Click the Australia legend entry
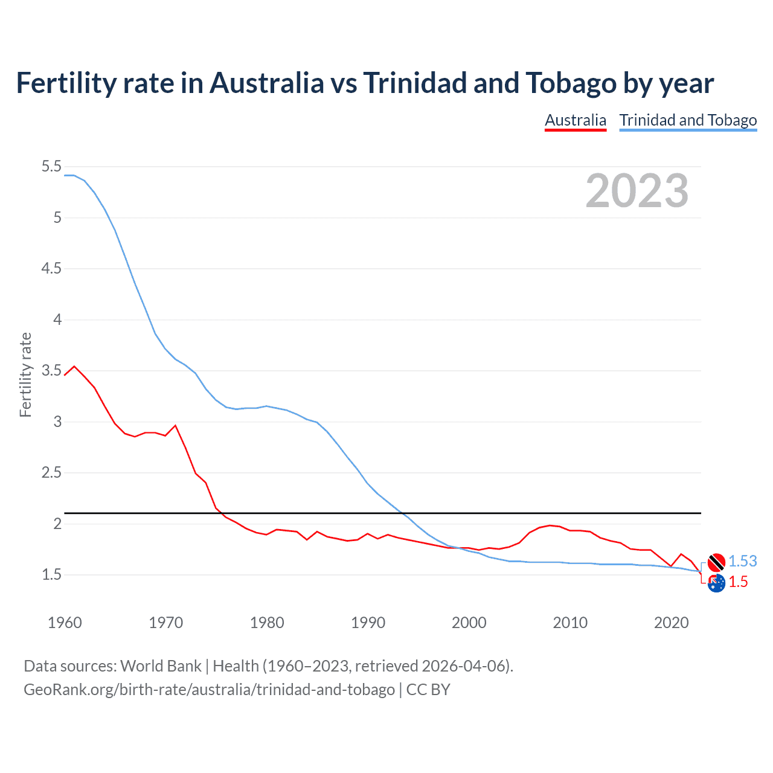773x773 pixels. [x=575, y=120]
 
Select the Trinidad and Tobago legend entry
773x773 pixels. [x=688, y=120]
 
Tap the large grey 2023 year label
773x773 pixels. [x=637, y=191]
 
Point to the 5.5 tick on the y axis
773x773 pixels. [x=52, y=166]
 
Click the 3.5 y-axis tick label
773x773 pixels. [x=52, y=370]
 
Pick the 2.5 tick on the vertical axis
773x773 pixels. [x=52, y=472]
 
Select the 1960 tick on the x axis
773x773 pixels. [x=65, y=623]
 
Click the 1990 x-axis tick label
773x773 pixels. [x=368, y=623]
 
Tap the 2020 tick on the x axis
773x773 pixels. [x=671, y=623]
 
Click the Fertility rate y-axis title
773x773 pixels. [x=25, y=374]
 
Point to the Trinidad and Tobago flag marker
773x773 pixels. [x=716, y=562]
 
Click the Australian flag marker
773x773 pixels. [x=716, y=583]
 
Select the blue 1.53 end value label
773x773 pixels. [x=742, y=561]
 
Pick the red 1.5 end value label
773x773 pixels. [x=738, y=582]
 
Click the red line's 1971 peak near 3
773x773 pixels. [x=176, y=426]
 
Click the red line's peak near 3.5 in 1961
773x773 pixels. [x=74, y=366]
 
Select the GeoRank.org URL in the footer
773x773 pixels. [x=209, y=689]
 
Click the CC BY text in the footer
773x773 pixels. [x=428, y=689]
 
